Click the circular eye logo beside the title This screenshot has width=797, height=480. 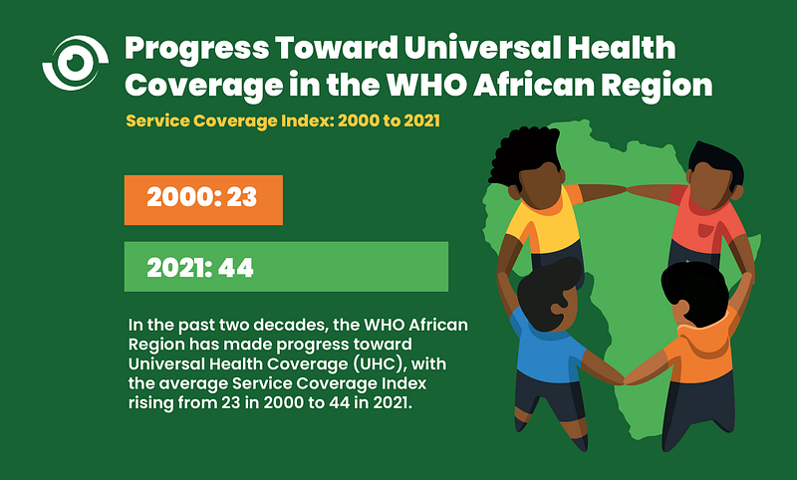(76, 63)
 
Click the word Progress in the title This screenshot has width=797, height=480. (196, 49)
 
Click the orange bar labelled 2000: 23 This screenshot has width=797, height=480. (203, 200)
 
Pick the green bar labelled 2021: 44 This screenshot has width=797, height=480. (286, 267)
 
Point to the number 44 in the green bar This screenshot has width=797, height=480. (235, 268)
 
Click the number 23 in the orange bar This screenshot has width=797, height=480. (241, 197)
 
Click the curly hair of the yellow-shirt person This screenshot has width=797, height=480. (526, 152)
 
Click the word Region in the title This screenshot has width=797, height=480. (657, 86)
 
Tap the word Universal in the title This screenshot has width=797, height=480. (482, 47)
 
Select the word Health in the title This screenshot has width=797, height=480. (621, 47)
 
